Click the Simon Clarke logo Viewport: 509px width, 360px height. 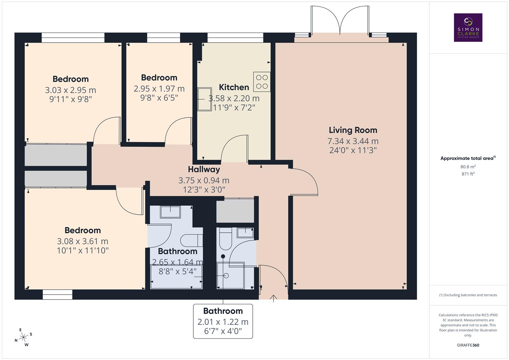468,27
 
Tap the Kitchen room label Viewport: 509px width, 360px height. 234,87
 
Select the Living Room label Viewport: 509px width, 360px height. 353,130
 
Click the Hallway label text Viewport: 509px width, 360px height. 204,169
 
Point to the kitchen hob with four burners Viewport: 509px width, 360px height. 262,82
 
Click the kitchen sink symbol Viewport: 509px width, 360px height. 204,99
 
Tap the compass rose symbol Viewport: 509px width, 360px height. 23,337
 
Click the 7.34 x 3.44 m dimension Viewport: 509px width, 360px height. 353,141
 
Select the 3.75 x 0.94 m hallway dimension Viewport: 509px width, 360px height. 204,180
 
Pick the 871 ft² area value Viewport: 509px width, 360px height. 468,174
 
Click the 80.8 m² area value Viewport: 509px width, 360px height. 468,167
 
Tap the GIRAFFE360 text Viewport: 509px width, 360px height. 468,345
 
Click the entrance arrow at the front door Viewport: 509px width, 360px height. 274,298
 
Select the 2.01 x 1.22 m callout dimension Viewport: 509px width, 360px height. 223,322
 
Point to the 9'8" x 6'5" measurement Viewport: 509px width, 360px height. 159,98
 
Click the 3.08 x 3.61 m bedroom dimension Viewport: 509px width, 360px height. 82,241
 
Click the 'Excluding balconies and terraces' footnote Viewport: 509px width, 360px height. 468,295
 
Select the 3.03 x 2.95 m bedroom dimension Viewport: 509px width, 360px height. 70,90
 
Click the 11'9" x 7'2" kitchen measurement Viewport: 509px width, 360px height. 234,108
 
